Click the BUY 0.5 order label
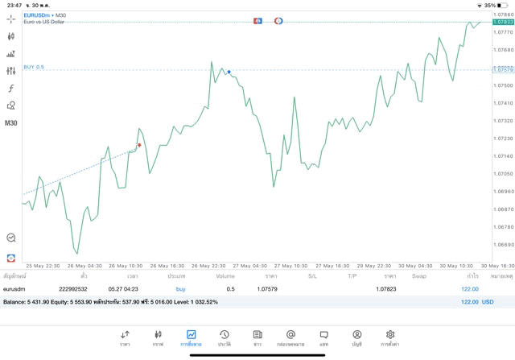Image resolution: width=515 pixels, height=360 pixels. (34, 67)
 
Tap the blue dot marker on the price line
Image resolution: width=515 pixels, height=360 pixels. (229, 72)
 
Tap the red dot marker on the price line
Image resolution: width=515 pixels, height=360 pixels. (139, 145)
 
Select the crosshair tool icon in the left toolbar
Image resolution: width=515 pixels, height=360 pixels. (10, 19)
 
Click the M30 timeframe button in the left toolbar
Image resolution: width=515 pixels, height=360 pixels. (10, 123)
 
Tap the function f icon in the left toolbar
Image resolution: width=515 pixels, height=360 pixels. (10, 89)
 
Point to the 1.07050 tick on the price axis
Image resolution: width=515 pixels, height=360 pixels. (503, 173)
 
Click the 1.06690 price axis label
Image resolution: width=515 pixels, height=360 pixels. (503, 244)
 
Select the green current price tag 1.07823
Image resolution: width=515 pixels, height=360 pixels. (503, 22)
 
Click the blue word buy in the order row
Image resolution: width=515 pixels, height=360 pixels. (180, 288)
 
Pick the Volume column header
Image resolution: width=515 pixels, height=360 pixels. (225, 276)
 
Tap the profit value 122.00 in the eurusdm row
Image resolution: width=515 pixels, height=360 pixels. (469, 288)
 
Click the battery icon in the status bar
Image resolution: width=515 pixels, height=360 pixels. (503, 5)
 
